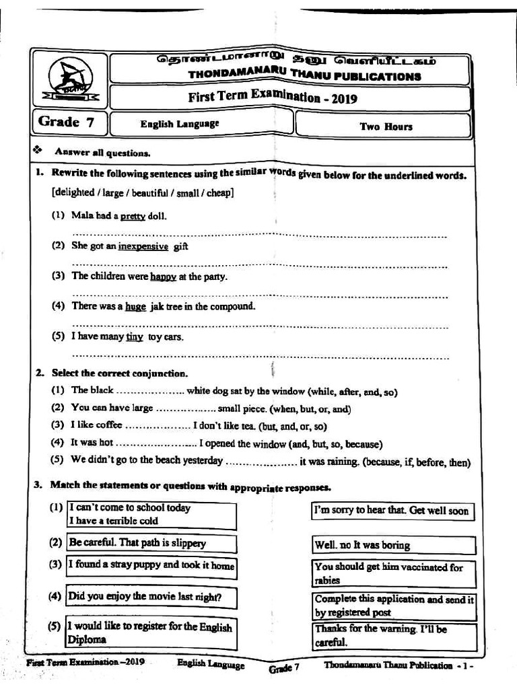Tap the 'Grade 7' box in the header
[66, 122]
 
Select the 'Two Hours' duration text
[386, 126]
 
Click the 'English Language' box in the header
[179, 124]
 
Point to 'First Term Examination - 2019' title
[273, 98]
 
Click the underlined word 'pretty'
[133, 216]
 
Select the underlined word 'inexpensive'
[143, 246]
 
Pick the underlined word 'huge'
[135, 306]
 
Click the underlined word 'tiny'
[135, 337]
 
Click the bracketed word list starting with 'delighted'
[143, 192]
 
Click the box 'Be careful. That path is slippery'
[151, 543]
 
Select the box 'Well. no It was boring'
[394, 545]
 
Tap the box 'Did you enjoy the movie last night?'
[151, 596]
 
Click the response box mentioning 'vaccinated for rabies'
[394, 573]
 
